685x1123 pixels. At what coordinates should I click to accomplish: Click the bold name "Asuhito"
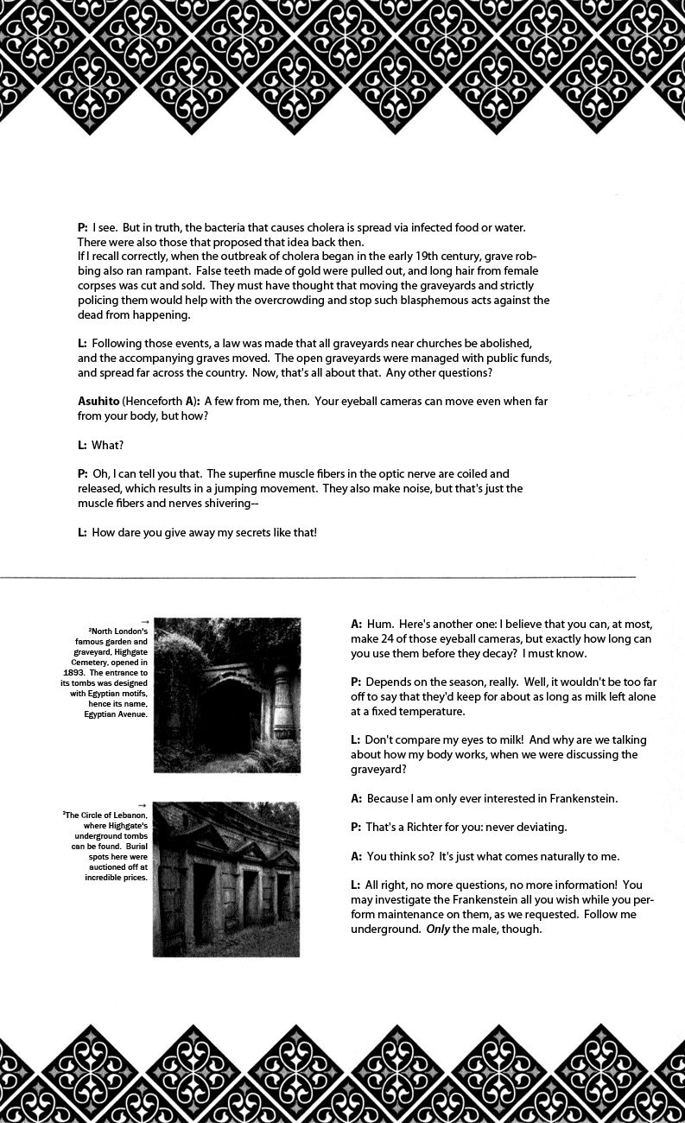pyautogui.click(x=98, y=402)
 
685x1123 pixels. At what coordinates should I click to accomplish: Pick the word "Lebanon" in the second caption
pyautogui.click(x=128, y=815)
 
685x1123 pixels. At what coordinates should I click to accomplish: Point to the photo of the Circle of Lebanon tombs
pyautogui.click(x=226, y=879)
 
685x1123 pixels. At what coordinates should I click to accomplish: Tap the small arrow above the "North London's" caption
pyautogui.click(x=144, y=622)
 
